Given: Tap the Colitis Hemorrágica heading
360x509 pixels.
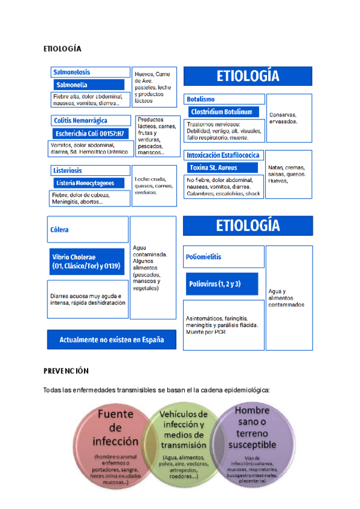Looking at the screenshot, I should tap(79, 120).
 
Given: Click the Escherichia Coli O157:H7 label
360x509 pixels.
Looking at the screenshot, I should tap(89, 133).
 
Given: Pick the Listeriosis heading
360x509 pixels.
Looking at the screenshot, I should tap(67, 170).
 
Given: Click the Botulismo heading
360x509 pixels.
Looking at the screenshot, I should tap(200, 99).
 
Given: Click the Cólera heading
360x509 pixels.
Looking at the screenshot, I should tap(61, 229).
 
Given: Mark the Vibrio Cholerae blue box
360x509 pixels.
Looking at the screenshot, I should tap(88, 262).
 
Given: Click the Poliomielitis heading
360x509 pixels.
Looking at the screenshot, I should tap(204, 257).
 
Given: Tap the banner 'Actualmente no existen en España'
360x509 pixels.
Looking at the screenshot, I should tap(112, 340).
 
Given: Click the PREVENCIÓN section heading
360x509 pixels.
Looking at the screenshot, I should tap(66, 372).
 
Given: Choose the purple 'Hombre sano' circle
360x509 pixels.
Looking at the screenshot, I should tap(256, 444).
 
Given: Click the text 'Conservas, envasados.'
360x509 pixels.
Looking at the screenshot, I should tap(283, 118).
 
